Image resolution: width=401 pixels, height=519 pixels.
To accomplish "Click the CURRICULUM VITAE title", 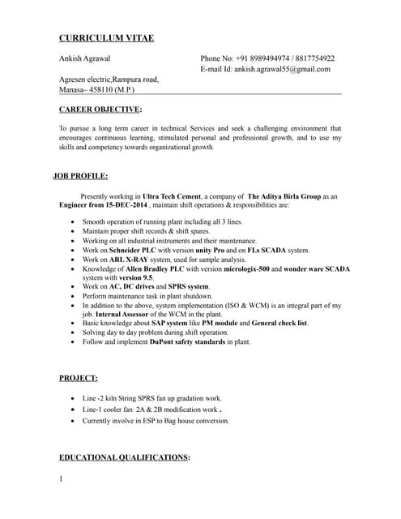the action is coord(106,38).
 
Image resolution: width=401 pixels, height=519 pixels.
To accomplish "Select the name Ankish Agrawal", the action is coord(85,59).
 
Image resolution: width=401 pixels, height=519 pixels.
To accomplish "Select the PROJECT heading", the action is coord(79,378).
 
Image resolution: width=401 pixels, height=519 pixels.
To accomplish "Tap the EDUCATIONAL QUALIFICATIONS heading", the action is coord(125,458).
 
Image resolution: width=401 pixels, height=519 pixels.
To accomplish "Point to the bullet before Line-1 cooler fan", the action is coord(74,410).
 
